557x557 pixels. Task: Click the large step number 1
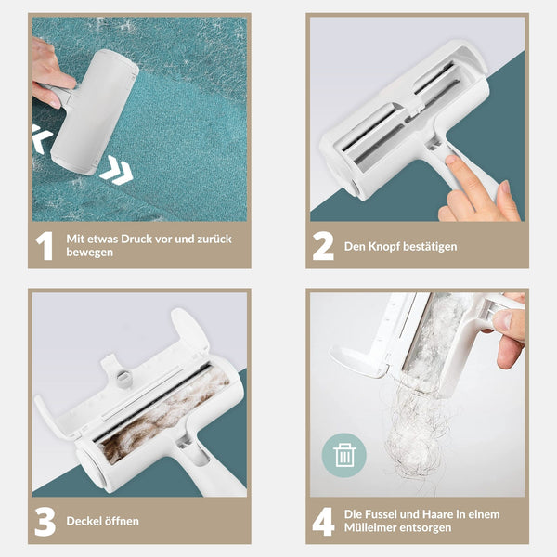pyautogui.click(x=45, y=246)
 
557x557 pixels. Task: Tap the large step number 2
pyautogui.click(x=323, y=246)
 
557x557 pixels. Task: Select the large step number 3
pyautogui.click(x=45, y=522)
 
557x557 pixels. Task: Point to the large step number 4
pyautogui.click(x=323, y=522)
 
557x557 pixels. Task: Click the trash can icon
pyautogui.click(x=344, y=455)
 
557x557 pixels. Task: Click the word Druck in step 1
pyautogui.click(x=137, y=240)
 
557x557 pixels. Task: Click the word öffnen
pyautogui.click(x=122, y=521)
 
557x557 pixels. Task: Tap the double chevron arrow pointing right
pyautogui.click(x=116, y=170)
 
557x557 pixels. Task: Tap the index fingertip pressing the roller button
pyautogui.click(x=451, y=160)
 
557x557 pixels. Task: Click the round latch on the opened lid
pyautogui.click(x=123, y=376)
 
